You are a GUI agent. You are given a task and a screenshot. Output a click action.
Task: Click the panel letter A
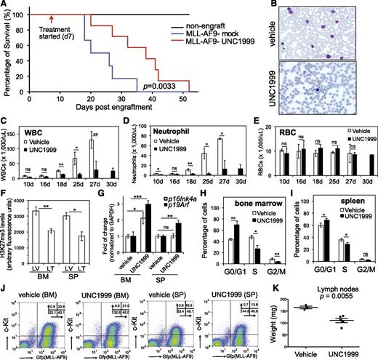pos(5,6)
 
